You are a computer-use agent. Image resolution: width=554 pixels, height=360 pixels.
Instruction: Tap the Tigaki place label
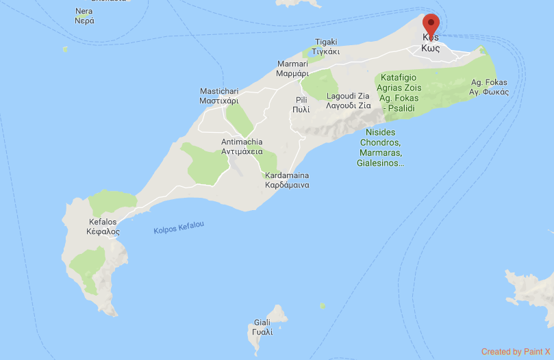click(325, 47)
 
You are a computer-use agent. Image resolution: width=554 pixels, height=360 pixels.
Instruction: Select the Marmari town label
click(295, 68)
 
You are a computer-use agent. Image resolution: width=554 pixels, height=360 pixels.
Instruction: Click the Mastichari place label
click(219, 96)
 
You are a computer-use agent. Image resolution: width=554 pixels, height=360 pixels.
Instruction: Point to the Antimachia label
click(242, 146)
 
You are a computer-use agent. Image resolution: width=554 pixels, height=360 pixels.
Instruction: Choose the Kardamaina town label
click(288, 180)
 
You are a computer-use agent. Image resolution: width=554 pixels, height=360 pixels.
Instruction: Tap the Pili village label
click(301, 104)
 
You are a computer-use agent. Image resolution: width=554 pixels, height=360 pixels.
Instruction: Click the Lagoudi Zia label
click(349, 101)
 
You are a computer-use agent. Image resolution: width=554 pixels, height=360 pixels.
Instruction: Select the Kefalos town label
click(104, 227)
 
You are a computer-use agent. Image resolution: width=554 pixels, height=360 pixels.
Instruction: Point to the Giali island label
click(262, 327)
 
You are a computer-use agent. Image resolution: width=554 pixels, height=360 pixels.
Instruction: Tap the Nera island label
click(84, 16)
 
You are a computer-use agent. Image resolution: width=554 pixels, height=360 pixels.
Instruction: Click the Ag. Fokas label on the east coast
click(489, 87)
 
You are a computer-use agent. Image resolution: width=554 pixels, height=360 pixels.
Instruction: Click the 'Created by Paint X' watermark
click(516, 352)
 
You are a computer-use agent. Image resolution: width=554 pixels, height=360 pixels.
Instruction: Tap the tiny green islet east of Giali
click(322, 306)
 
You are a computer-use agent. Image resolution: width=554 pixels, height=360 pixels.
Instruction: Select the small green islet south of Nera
click(65, 49)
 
